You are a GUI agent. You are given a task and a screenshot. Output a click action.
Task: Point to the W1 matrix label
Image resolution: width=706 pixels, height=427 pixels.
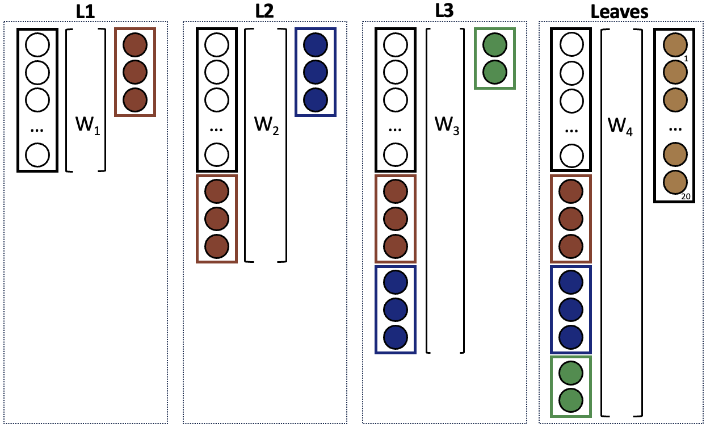pos(88,125)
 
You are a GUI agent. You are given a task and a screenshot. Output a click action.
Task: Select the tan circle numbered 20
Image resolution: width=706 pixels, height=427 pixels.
pos(675,182)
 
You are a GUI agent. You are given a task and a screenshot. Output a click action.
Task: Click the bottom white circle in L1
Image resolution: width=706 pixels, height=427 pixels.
pos(37,154)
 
